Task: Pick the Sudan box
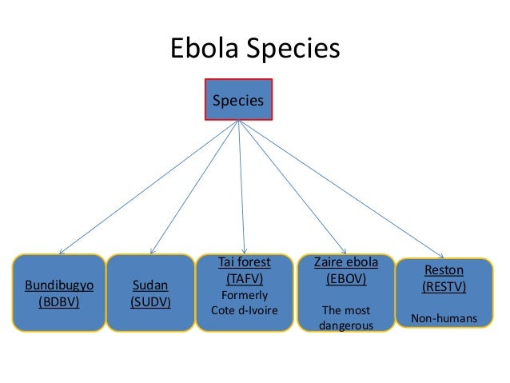(150, 293)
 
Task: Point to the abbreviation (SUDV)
(150, 303)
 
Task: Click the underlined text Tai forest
(245, 262)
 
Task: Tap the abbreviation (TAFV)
(245, 278)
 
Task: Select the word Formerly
(245, 294)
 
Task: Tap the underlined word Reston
(444, 270)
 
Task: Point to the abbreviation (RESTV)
(444, 286)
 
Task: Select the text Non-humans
(444, 319)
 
